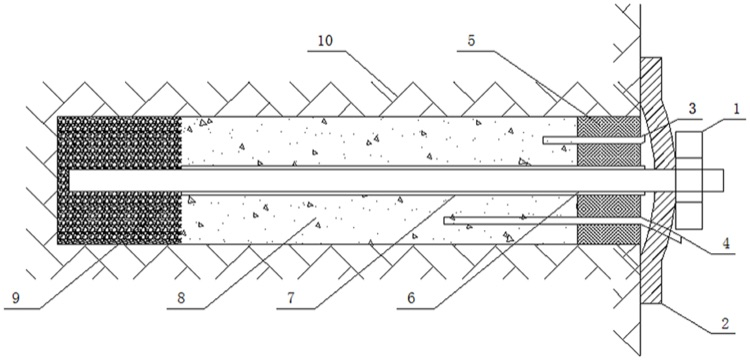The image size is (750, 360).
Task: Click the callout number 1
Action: coord(736,109)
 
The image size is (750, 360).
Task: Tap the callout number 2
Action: coord(725,324)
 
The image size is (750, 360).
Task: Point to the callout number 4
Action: coord(726,244)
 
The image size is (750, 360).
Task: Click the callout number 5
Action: coord(471,40)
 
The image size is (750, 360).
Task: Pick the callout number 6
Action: coord(411,298)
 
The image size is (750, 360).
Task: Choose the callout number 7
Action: coord(291,298)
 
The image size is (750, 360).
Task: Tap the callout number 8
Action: coord(181,298)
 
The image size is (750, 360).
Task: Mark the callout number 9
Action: coord(17,298)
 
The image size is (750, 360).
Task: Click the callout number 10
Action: coord(326,40)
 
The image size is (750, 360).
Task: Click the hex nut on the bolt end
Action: coord(688,179)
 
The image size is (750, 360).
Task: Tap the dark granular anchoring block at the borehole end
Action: coord(119,180)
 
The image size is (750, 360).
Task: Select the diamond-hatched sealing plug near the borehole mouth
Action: coord(608,180)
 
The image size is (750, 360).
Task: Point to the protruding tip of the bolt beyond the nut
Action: coord(713,179)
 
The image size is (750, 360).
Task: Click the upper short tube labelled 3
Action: coord(593,140)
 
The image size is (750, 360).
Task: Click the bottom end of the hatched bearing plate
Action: coord(651,303)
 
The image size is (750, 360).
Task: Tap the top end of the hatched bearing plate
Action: coord(651,58)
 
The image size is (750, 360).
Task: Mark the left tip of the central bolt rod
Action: coord(70,179)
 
